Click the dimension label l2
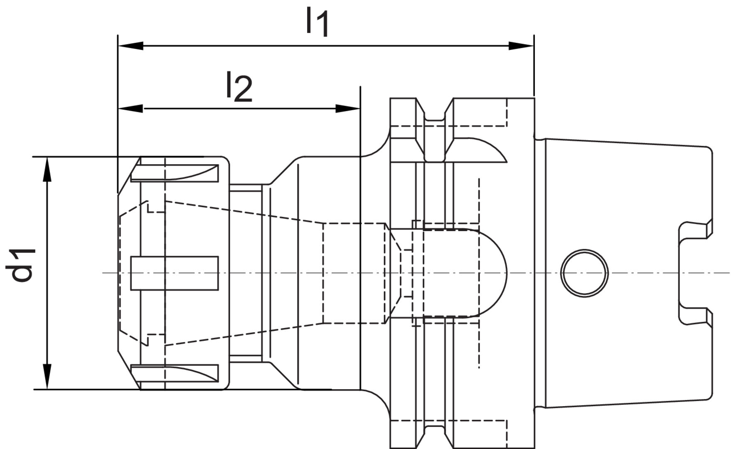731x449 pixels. click(x=239, y=87)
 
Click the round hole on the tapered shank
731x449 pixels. click(x=584, y=273)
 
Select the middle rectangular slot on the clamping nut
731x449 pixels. click(x=175, y=273)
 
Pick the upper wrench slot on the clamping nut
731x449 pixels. click(x=175, y=173)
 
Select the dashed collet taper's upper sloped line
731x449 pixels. click(x=245, y=212)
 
